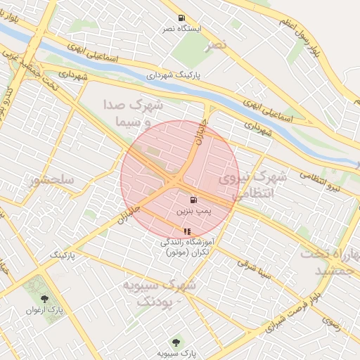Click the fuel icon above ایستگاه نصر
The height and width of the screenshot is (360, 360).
tap(181, 18)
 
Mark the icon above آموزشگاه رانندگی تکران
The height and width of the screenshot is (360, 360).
tap(186, 231)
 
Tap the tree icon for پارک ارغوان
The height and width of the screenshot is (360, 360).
tap(44, 300)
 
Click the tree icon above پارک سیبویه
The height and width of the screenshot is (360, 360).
tap(174, 342)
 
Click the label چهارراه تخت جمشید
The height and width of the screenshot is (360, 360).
tap(329, 262)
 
